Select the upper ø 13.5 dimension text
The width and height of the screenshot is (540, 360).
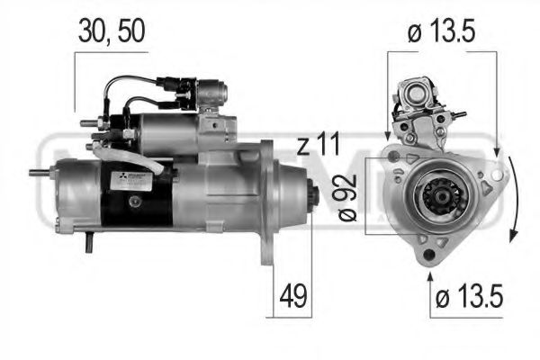click(x=440, y=33)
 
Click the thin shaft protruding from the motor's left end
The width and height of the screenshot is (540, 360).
click(x=41, y=172)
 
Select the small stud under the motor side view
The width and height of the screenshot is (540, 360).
click(x=90, y=241)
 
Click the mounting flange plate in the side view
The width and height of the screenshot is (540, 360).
click(x=267, y=202)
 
